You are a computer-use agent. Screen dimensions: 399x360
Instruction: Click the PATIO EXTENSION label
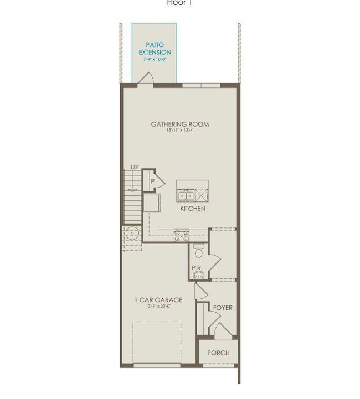click(155, 48)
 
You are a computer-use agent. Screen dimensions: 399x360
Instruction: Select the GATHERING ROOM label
click(180, 124)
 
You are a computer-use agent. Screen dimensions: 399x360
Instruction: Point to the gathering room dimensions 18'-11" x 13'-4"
click(180, 131)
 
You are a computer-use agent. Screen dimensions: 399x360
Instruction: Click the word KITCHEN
click(193, 209)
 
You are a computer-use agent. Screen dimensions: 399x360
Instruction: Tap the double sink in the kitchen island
click(186, 195)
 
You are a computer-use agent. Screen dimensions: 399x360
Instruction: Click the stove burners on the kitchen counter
click(182, 236)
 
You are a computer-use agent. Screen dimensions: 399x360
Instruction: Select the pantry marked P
click(151, 180)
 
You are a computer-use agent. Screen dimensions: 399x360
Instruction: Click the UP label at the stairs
click(135, 167)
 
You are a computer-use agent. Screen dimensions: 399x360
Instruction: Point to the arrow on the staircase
click(132, 190)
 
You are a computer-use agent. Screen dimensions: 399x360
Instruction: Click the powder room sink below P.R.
click(199, 274)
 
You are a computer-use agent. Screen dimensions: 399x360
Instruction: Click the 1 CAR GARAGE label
click(158, 300)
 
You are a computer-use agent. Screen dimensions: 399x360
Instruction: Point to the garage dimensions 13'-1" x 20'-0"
click(158, 306)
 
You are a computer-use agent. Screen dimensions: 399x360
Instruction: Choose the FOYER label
click(223, 308)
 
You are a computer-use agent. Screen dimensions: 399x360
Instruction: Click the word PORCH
click(218, 353)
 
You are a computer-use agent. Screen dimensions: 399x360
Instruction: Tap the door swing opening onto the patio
click(145, 79)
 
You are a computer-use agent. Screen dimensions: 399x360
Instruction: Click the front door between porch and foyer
click(223, 332)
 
